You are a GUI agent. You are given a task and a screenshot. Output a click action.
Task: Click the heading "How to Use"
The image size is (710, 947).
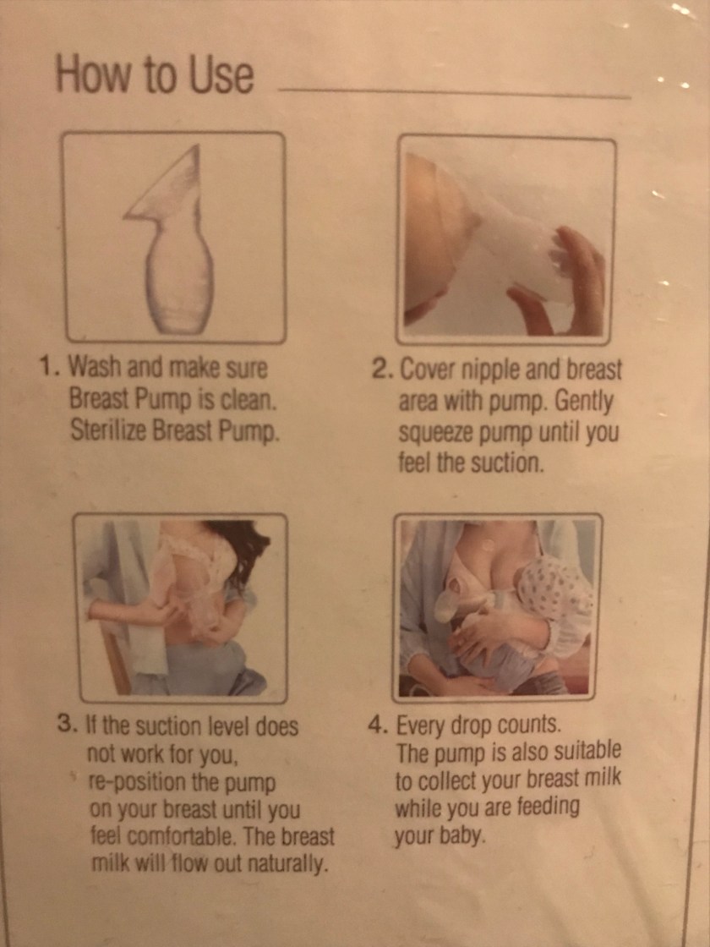click(x=155, y=73)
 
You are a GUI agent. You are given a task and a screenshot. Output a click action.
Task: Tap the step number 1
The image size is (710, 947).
click(x=46, y=366)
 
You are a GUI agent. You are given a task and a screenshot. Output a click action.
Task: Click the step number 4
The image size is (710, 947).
click(x=379, y=725)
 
